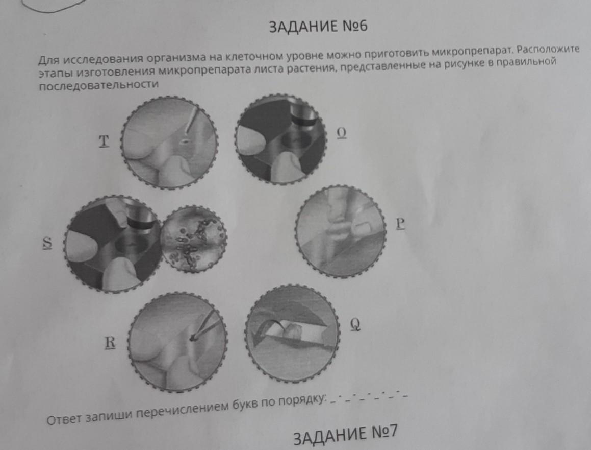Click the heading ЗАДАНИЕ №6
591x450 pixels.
tap(318, 27)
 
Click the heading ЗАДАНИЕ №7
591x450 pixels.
tap(345, 435)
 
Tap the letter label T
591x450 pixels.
tap(104, 141)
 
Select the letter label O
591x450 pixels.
tap(342, 133)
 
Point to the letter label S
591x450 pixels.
tap(47, 242)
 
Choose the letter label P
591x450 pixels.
tap(400, 224)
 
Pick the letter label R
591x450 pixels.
tap(110, 342)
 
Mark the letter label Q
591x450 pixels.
tap(355, 324)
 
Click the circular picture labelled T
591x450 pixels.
tap(170, 143)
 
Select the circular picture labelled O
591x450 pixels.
tap(281, 139)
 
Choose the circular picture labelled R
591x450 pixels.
tap(178, 342)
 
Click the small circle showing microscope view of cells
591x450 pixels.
tap(193, 239)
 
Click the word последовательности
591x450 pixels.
tap(99, 85)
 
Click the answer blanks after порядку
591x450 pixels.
tap(368, 398)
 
